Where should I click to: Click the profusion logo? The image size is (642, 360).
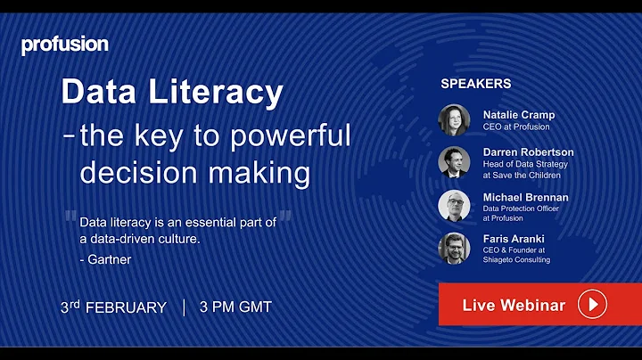coord(64,45)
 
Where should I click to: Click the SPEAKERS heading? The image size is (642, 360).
coord(476,84)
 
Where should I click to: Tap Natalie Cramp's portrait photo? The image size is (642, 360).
coord(454,119)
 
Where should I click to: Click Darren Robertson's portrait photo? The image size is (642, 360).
coord(454,162)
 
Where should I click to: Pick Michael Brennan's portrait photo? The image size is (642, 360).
coord(454,205)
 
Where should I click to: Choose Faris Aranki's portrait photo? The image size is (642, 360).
coord(454,248)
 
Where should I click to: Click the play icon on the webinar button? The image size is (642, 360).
coord(592,305)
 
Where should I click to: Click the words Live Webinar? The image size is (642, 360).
coord(514,306)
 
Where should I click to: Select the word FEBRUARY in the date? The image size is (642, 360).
coord(129,307)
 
